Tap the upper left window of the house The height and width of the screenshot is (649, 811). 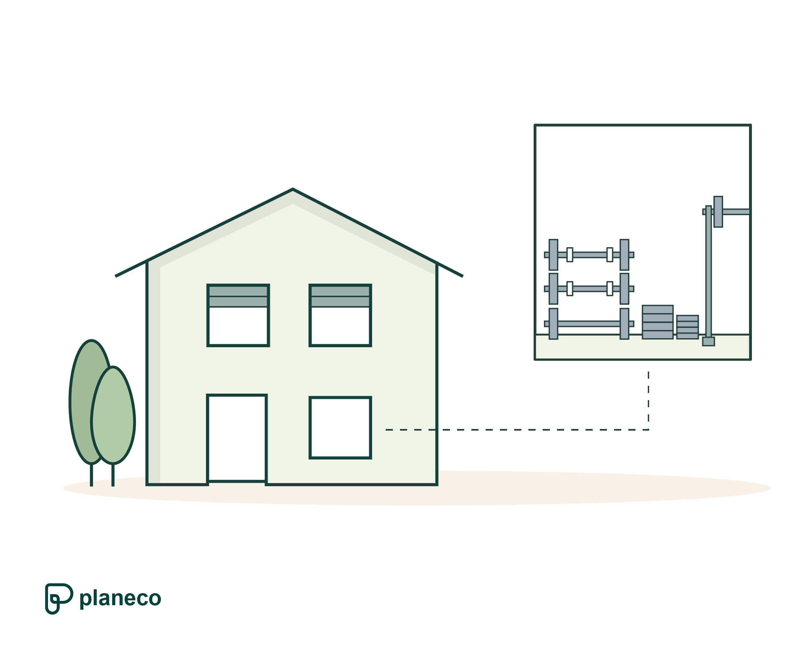(238, 326)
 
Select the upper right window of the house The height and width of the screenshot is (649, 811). (340, 326)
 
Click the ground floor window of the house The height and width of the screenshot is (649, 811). (340, 428)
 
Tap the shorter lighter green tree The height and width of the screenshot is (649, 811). (113, 416)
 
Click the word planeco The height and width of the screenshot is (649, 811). (120, 598)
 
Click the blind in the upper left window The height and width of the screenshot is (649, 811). (238, 296)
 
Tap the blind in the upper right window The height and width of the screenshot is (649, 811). (340, 296)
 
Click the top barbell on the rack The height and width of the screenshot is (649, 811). (589, 255)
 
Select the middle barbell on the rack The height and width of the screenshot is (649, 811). (589, 288)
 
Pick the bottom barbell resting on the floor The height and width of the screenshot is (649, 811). (589, 324)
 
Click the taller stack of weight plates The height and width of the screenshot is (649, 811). (658, 322)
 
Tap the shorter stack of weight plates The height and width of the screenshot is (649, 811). (688, 327)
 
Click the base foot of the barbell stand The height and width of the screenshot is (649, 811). (708, 341)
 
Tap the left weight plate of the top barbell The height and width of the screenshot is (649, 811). (553, 255)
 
